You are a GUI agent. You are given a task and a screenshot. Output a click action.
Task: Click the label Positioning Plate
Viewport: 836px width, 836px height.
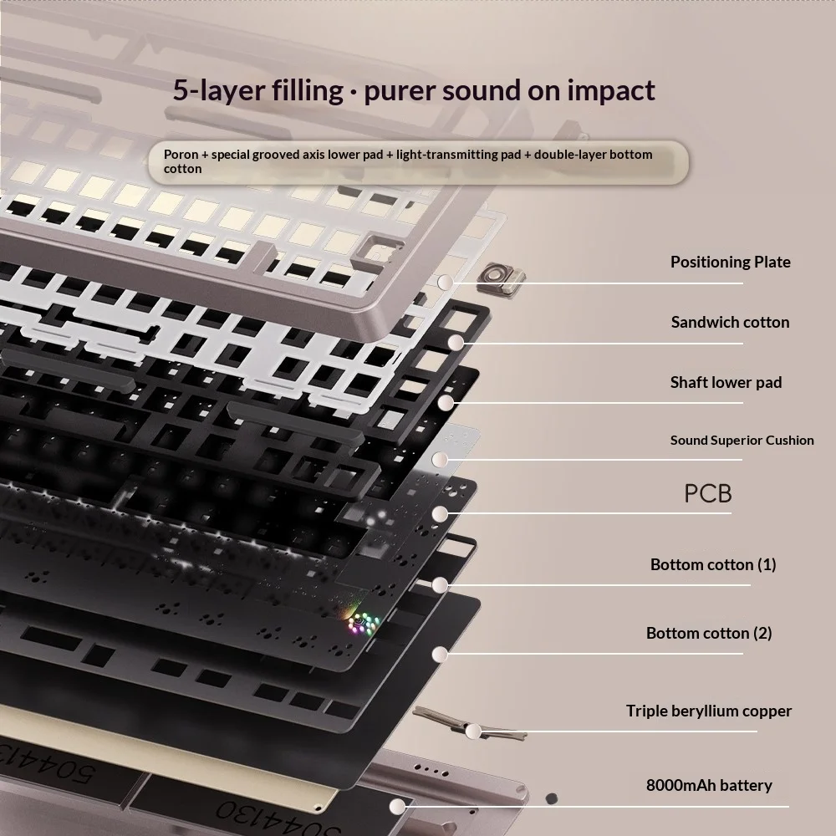(731, 262)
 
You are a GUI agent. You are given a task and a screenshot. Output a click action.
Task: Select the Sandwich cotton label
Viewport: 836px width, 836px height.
(730, 322)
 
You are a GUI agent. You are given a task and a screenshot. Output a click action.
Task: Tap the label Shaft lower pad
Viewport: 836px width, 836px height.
(726, 382)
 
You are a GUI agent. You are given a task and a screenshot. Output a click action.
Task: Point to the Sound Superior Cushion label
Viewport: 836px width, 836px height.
(742, 441)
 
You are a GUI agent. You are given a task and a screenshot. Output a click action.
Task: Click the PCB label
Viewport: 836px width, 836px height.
(707, 494)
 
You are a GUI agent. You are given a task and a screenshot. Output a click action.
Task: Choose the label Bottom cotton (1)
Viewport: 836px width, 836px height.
(713, 564)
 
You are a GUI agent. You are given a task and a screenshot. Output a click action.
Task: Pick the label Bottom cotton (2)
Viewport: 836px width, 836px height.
(709, 634)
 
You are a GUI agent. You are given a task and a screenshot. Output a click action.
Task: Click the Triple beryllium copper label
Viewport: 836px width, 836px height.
(709, 711)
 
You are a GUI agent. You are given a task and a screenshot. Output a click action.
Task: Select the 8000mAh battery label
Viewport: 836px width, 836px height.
(709, 785)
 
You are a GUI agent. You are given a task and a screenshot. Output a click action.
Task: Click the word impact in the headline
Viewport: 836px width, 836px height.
(610, 90)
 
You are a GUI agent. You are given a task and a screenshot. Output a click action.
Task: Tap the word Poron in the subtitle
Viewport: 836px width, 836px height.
(181, 155)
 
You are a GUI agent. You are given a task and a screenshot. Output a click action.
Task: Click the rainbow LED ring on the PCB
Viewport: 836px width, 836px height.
(363, 622)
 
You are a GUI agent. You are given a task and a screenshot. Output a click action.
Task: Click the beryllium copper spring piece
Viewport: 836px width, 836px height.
(469, 724)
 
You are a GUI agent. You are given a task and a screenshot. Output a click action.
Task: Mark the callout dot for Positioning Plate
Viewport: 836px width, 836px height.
(446, 282)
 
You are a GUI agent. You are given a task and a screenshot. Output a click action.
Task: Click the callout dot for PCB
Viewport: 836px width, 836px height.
(440, 514)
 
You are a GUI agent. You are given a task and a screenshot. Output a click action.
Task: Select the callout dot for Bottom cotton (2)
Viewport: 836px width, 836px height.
(440, 655)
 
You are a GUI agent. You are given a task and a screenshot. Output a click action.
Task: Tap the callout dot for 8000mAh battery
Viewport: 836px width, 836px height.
(397, 806)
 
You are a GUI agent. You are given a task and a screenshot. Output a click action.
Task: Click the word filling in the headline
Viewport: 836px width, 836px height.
(308, 90)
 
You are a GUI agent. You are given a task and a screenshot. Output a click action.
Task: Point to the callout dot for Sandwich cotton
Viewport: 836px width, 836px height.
(456, 342)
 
